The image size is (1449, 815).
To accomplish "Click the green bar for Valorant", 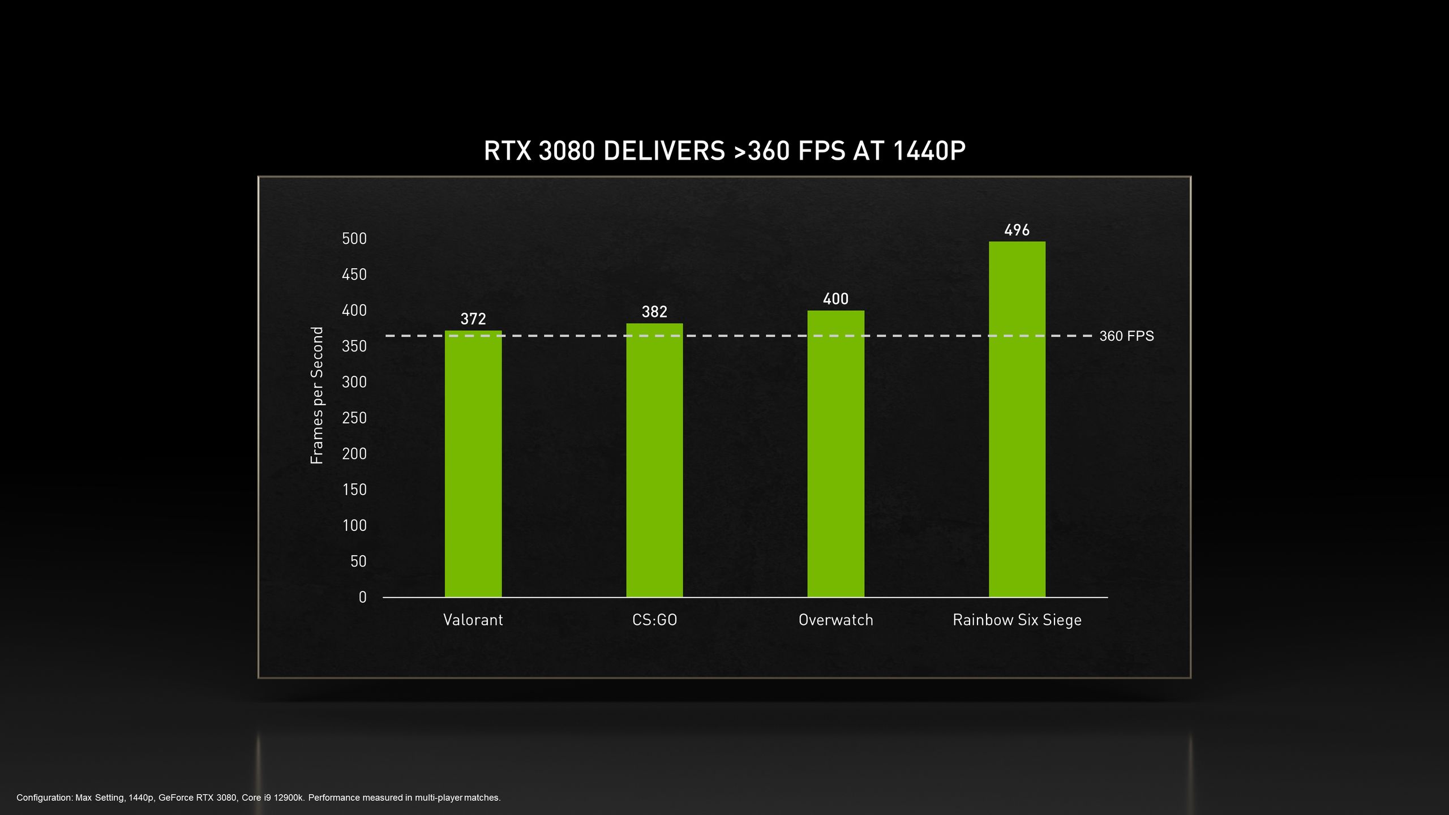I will coord(473,464).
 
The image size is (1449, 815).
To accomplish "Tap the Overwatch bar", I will coord(835,453).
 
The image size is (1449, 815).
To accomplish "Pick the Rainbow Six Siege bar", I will coord(1017,419).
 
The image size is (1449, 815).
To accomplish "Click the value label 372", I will coord(473,319).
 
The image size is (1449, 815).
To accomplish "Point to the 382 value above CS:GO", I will coord(654,312).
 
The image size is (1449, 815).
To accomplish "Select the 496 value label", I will coord(1017,230).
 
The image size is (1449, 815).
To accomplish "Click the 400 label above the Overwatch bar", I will coord(835,299).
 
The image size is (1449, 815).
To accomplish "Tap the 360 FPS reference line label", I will coord(1126,336).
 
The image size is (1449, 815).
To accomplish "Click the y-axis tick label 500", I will coord(354,239).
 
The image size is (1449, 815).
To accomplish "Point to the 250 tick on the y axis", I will coord(354,418).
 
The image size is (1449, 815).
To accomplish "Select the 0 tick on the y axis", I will coord(363,597).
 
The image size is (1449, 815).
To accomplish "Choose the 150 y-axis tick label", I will coord(354,490).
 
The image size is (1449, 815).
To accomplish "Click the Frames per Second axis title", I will coord(317,395).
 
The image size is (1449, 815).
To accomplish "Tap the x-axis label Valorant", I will coord(473,620).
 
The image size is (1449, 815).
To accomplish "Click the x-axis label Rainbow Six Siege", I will coord(1017,620).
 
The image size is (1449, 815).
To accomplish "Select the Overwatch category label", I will coord(835,620).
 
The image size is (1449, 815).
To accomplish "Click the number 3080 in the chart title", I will coord(567,151).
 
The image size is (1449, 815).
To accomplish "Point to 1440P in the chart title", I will coord(929,151).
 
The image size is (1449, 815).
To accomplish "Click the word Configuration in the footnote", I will coord(45,798).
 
